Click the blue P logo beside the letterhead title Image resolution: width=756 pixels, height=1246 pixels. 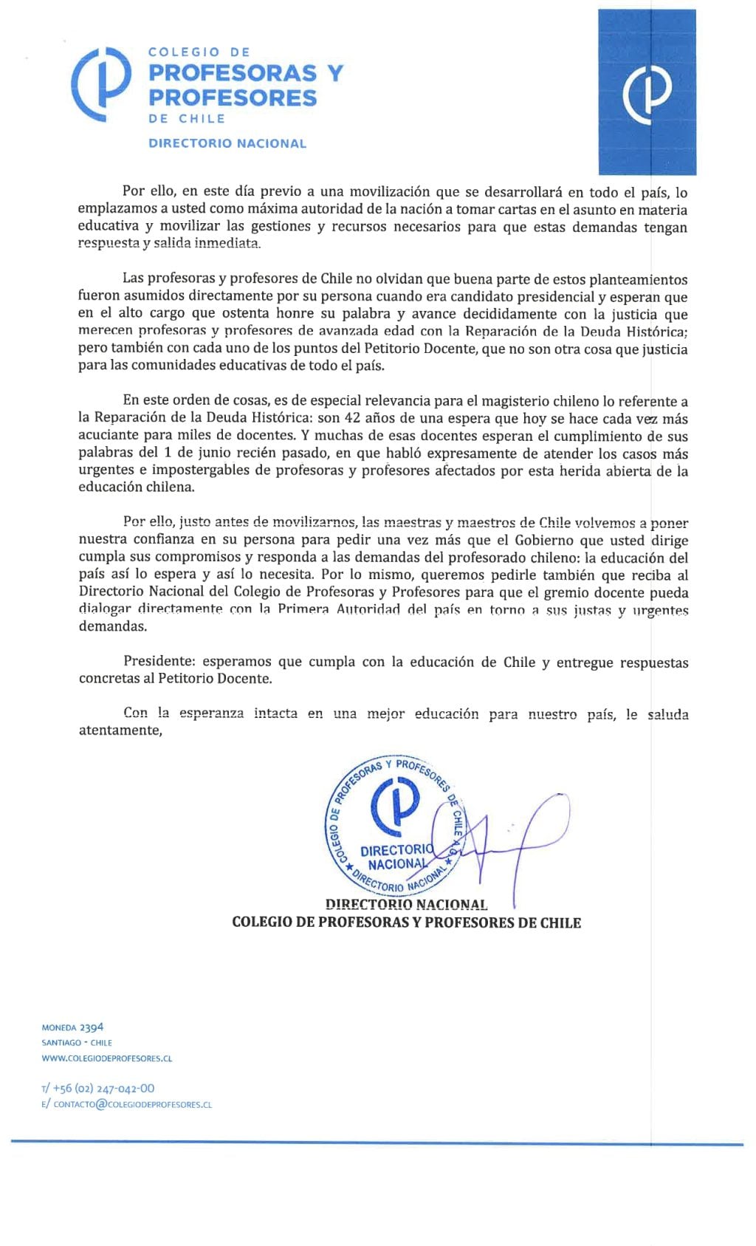click(x=101, y=83)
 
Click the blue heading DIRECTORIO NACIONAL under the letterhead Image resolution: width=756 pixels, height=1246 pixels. click(x=227, y=143)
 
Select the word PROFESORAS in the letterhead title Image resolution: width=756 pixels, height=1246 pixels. click(x=233, y=73)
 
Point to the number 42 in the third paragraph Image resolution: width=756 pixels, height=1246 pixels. click(x=353, y=419)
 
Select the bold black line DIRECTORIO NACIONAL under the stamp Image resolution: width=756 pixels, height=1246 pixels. click(x=406, y=905)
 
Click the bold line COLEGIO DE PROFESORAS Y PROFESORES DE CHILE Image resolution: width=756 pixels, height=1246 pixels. click(x=406, y=922)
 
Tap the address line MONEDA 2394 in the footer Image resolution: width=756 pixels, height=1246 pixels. click(x=72, y=1027)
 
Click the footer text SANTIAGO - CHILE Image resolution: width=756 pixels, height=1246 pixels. click(x=77, y=1043)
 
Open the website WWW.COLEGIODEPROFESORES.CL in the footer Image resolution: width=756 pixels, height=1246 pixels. click(x=107, y=1058)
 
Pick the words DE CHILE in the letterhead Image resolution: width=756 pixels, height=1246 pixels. click(x=187, y=118)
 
